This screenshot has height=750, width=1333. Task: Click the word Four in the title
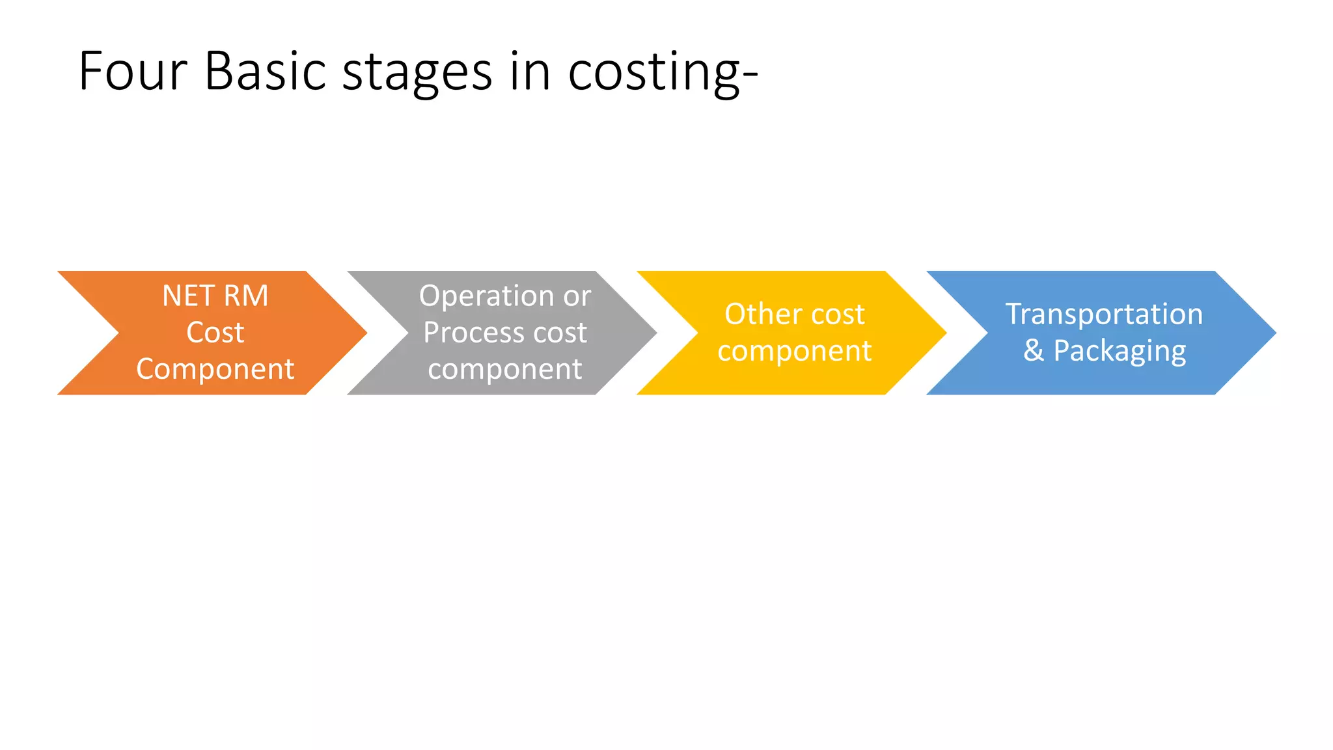pyautogui.click(x=133, y=72)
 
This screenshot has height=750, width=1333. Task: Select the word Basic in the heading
pyautogui.click(x=265, y=72)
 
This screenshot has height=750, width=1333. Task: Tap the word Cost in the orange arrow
pyautogui.click(x=215, y=333)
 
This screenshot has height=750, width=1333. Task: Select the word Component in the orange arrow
pyautogui.click(x=215, y=370)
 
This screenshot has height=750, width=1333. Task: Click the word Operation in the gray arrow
pyautogui.click(x=486, y=297)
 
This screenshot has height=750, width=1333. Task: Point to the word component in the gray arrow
pyautogui.click(x=504, y=370)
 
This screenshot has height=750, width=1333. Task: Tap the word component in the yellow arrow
pyautogui.click(x=794, y=352)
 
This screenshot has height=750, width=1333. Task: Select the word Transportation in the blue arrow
pyautogui.click(x=1104, y=314)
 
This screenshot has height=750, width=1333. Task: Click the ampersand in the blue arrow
pyautogui.click(x=1034, y=351)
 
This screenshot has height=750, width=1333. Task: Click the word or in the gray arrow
pyautogui.click(x=577, y=297)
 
